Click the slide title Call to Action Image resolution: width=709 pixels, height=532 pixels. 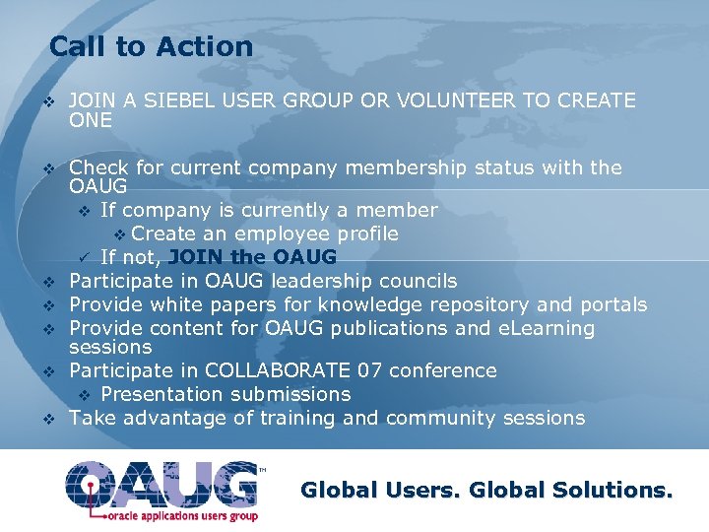[151, 46]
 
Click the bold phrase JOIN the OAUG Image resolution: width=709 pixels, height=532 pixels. [252, 257]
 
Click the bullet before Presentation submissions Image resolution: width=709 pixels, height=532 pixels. [85, 395]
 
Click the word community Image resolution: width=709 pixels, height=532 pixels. [441, 418]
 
